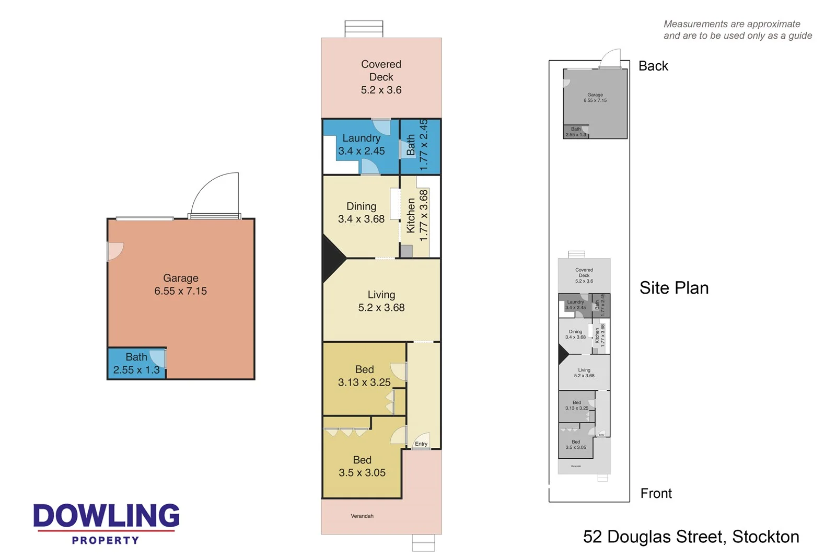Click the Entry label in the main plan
coord(421,444)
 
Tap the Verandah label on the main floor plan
coord(362,516)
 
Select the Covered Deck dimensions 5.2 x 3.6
coord(381,90)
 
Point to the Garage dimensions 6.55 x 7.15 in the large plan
coord(180,291)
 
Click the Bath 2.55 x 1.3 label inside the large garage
coord(136,364)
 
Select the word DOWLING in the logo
coord(106,516)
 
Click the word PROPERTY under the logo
coord(106,540)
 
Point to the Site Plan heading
coord(674,288)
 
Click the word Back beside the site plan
coord(653,66)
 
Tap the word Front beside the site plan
coord(656,493)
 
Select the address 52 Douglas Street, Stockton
coord(691,537)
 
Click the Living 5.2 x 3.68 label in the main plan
coord(381,301)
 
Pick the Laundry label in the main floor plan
coord(361,138)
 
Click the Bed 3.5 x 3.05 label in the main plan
coord(362,466)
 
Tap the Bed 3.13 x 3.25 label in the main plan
coord(364,376)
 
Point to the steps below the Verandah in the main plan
coord(423,543)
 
